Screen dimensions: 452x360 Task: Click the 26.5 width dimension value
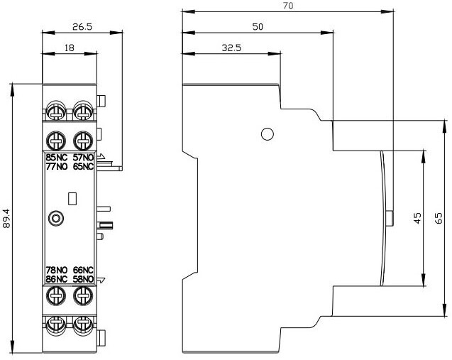click(x=82, y=27)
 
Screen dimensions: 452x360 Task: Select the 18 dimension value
click(x=70, y=48)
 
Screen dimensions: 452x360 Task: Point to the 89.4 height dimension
click(x=6, y=219)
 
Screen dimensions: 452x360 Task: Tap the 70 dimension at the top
click(x=287, y=6)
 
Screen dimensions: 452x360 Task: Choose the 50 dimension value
click(x=258, y=26)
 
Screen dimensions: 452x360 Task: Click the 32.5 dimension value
click(x=231, y=48)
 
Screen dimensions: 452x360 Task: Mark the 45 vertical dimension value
click(x=417, y=218)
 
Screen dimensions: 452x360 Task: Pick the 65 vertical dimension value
click(x=439, y=218)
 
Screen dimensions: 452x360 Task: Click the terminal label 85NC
click(x=57, y=158)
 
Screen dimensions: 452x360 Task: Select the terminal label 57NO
click(x=83, y=158)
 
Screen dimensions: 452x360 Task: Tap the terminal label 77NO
click(x=57, y=166)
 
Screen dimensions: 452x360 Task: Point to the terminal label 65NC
click(x=83, y=166)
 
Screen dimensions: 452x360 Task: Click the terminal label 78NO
click(x=57, y=270)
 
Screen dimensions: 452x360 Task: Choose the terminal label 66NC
click(x=83, y=270)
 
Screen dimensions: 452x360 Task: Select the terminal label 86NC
click(x=57, y=279)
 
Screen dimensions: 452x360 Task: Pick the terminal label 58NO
click(x=83, y=279)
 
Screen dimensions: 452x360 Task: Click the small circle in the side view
click(x=268, y=134)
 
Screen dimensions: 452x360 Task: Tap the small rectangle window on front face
click(x=72, y=199)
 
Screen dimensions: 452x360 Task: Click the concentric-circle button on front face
click(x=56, y=219)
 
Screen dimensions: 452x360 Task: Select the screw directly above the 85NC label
click(x=56, y=141)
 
